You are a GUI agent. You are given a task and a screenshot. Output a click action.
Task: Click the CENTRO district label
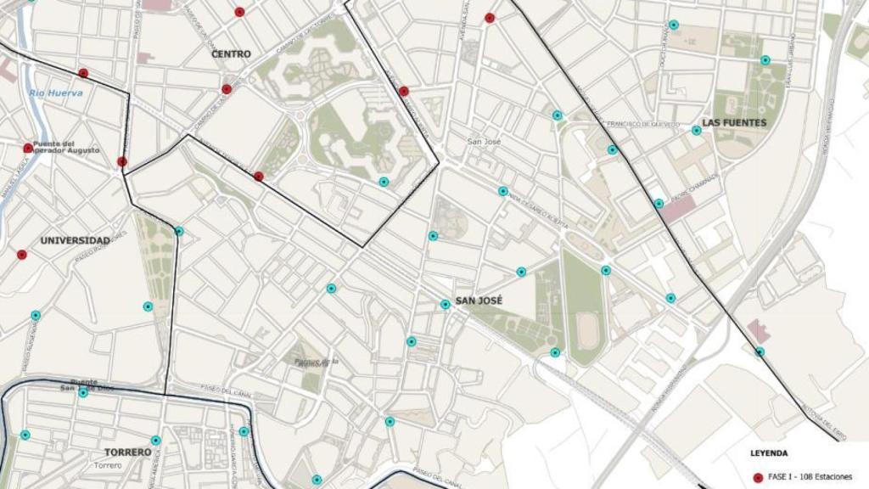[231, 54]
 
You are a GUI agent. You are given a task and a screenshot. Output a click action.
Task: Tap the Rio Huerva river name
[55, 93]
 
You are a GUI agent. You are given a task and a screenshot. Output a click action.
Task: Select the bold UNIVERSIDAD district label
[76, 241]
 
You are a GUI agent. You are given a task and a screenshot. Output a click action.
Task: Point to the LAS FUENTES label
[734, 123]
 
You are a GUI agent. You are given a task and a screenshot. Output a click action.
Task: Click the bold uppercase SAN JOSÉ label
[479, 301]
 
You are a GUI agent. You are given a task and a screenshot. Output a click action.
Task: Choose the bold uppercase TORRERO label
[127, 452]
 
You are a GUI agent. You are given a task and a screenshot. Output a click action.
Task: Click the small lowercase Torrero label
[108, 465]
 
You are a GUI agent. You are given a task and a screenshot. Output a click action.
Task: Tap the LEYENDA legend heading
[769, 453]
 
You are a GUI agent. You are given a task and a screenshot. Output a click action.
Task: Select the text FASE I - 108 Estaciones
[810, 477]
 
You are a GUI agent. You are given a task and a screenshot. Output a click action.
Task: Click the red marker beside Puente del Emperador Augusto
[28, 148]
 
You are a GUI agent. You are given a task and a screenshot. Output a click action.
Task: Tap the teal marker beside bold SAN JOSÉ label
[445, 304]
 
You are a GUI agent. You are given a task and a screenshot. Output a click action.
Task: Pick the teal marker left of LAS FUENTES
[696, 130]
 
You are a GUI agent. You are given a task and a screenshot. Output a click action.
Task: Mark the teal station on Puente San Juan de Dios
[83, 392]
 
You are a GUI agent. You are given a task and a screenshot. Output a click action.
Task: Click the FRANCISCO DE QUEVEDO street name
[643, 125]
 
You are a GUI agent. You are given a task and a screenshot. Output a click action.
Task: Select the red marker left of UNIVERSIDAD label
[22, 254]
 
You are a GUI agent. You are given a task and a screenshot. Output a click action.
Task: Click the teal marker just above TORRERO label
[155, 440]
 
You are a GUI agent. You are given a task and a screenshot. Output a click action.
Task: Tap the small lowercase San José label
[484, 142]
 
